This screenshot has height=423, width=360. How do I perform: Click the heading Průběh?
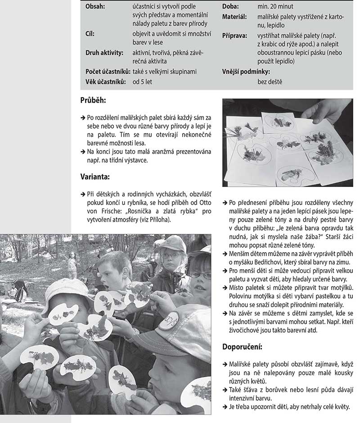point(93,101)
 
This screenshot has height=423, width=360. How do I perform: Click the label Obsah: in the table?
point(95,7)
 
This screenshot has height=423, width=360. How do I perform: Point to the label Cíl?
point(90,33)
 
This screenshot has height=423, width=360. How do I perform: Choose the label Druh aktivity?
point(104,53)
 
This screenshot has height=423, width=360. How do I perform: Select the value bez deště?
point(270,82)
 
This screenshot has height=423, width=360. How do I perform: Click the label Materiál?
point(234,17)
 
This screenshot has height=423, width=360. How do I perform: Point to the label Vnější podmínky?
point(246,71)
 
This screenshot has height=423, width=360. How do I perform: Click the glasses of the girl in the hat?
point(171,255)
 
